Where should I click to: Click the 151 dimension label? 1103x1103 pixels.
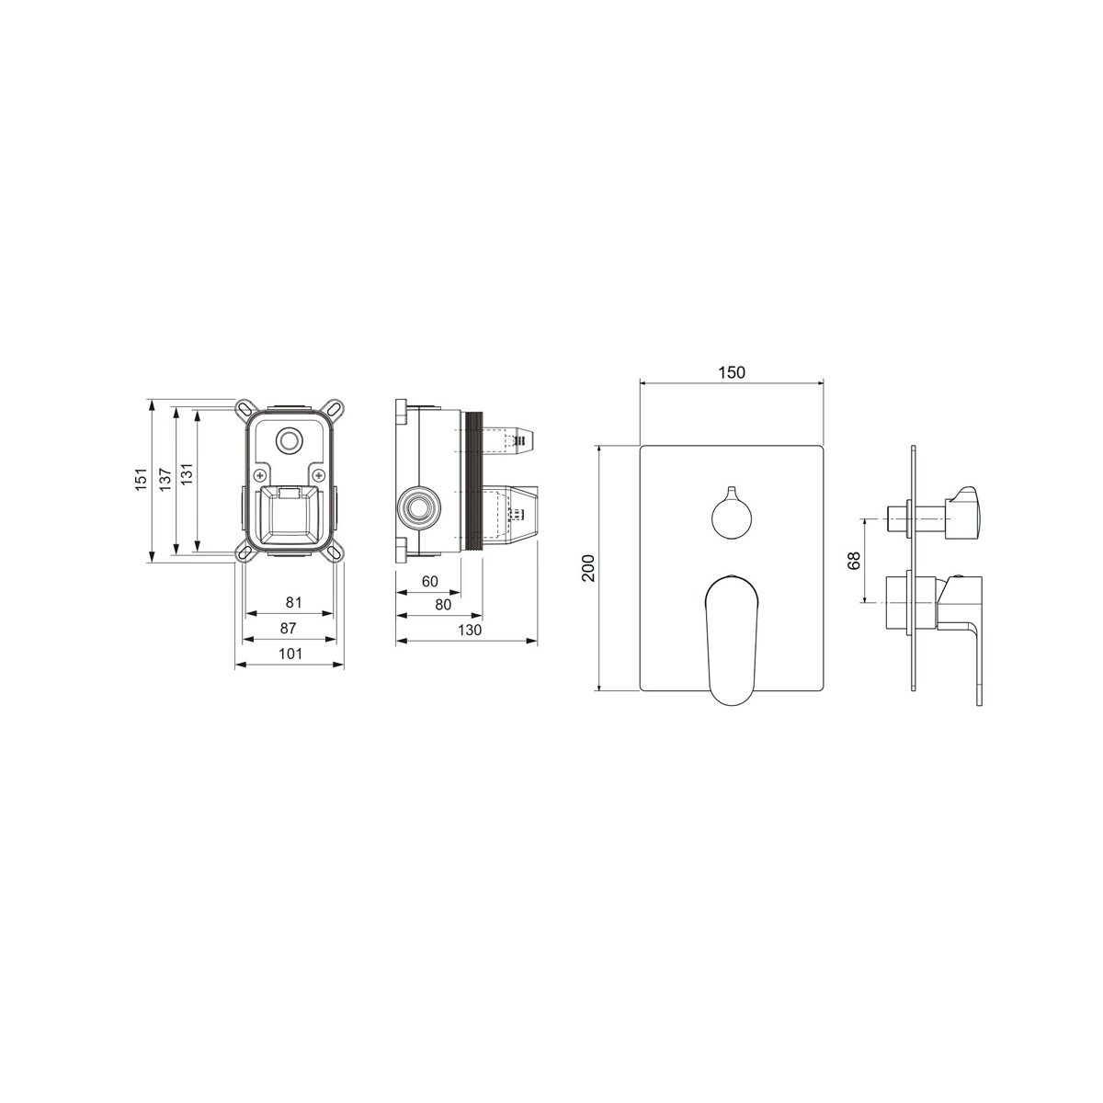click(142, 479)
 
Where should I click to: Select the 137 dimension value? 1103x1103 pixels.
click(165, 479)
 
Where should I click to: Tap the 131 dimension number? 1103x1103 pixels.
click(188, 474)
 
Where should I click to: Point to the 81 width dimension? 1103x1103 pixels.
click(293, 602)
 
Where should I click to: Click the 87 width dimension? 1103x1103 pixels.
click(288, 628)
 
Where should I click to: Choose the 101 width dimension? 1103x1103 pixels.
click(290, 654)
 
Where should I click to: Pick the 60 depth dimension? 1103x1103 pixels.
click(429, 581)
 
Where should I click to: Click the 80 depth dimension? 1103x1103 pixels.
click(443, 605)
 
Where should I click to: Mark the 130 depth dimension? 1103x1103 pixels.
click(470, 630)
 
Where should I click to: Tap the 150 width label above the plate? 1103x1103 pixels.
click(732, 372)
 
